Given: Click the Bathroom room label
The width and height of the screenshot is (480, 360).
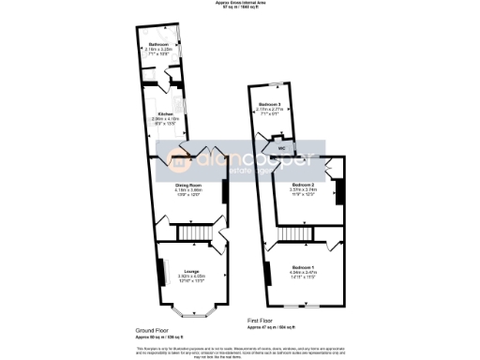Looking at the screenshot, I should [x=158, y=45].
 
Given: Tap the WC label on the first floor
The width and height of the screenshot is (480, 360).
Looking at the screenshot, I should [x=280, y=148].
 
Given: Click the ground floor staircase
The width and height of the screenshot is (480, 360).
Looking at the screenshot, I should [x=192, y=232].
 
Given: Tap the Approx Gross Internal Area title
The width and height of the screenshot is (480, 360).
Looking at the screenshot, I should [x=241, y=5].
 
